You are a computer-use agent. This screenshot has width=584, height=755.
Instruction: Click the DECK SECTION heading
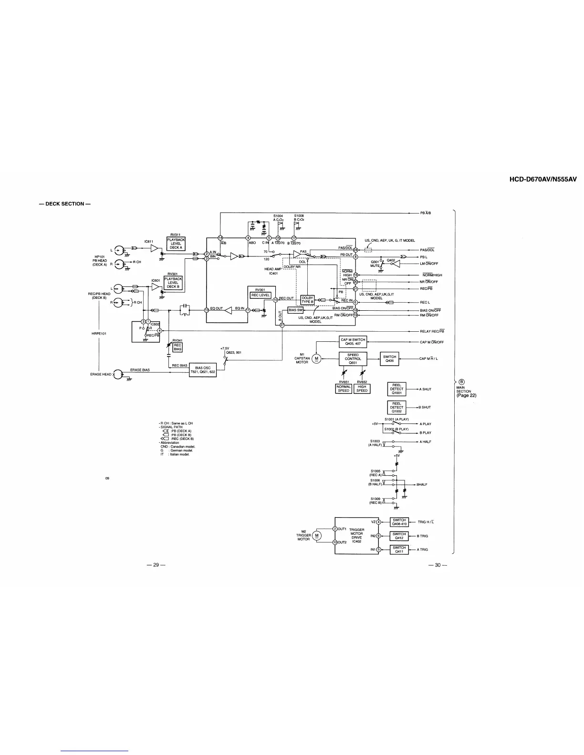pos(65,204)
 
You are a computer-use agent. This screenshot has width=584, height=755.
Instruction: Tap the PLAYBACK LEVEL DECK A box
pos(175,244)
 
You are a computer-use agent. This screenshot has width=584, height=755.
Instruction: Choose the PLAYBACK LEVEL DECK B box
pos(172,283)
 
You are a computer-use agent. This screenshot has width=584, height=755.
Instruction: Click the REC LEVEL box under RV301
pos(261,295)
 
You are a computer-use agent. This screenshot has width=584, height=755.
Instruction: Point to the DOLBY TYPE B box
pos(307,300)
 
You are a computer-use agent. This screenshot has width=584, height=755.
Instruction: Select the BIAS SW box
pos(296,310)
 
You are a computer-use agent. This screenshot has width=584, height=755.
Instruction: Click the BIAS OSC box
pos(203,370)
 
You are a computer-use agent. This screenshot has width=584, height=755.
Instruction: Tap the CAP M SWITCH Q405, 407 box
pos(352,341)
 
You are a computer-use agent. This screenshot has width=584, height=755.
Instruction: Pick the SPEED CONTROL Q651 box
pos(353,358)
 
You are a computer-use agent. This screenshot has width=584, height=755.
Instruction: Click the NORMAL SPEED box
pos(344,388)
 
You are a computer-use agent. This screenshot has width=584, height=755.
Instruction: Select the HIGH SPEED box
pos(362,388)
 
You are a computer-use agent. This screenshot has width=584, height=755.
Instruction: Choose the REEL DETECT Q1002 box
pos(397,407)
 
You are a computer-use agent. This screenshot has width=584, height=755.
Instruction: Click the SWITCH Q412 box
pos(399,536)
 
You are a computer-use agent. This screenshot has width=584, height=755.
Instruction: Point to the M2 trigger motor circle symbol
pos(318,535)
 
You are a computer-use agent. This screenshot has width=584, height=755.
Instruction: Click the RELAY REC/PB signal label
pos(432,331)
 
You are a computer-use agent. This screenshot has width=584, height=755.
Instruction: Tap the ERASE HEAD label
pos(101,374)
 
